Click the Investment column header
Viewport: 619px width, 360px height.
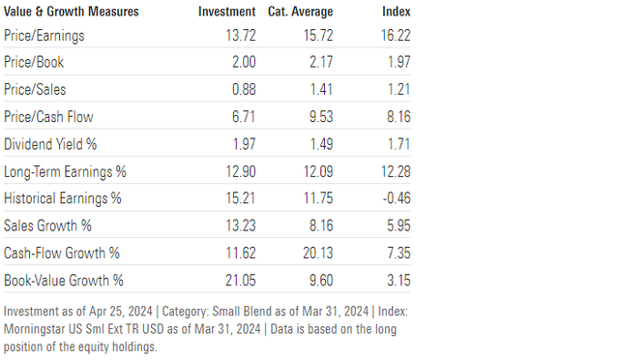pyautogui.click(x=226, y=12)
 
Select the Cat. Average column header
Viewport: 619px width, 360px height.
pyautogui.click(x=302, y=12)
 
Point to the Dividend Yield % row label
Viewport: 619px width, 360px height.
pyautogui.click(x=54, y=144)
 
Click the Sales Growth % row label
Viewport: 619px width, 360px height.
pyautogui.click(x=48, y=225)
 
